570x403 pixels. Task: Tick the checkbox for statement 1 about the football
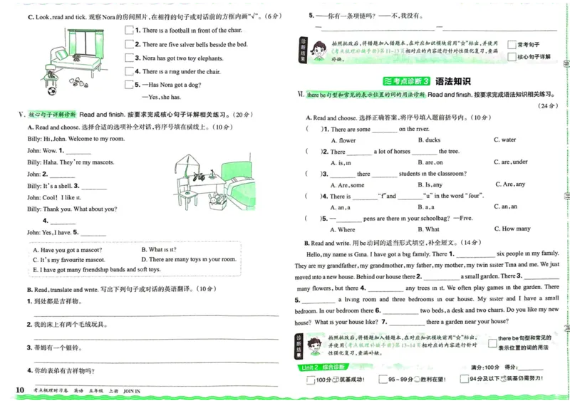click(129, 31)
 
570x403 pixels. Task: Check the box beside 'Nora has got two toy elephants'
click(129, 58)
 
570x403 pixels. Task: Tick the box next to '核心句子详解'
click(512, 56)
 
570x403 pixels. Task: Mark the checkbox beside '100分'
click(310, 380)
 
